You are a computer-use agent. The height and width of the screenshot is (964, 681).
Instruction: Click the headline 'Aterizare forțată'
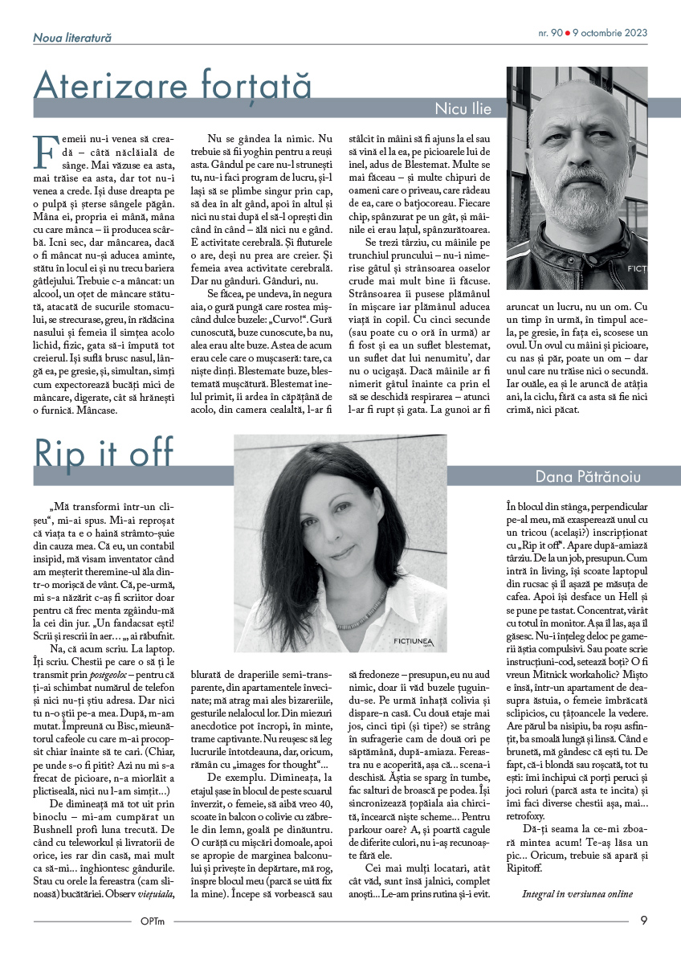point(172,85)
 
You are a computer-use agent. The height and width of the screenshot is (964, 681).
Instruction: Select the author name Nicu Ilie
point(463,108)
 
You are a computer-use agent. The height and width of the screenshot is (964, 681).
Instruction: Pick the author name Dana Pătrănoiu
point(588,476)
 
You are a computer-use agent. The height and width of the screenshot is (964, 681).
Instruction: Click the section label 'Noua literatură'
point(72,37)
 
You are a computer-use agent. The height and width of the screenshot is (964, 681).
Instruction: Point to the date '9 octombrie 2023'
point(610,35)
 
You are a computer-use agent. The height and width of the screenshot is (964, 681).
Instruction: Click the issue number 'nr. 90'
point(550,35)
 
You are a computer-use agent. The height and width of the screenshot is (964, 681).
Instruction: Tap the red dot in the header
point(568,35)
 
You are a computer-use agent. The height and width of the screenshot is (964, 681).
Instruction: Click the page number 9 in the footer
point(644,921)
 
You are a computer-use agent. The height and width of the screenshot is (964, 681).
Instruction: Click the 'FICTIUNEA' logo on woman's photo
point(414,640)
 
